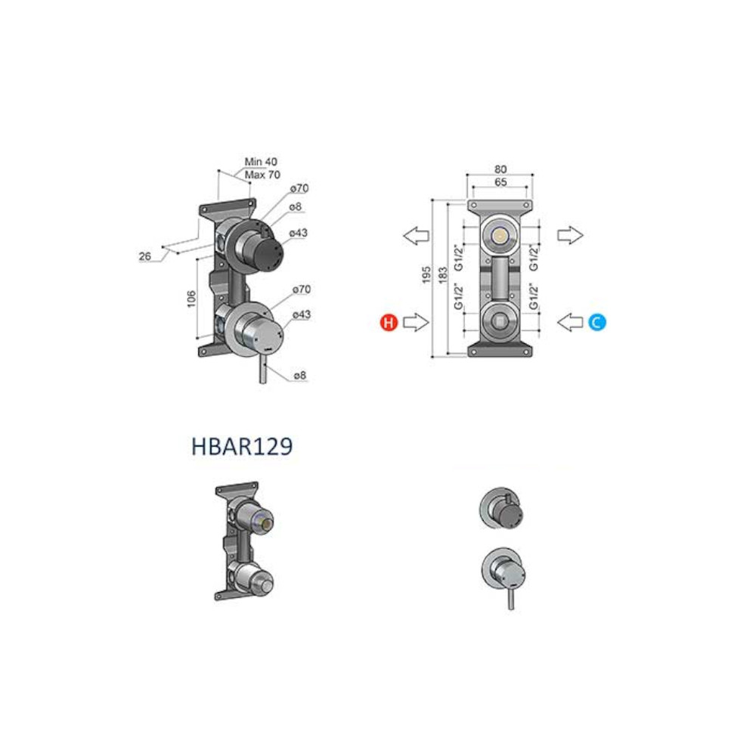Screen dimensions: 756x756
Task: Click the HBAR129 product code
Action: (242, 446)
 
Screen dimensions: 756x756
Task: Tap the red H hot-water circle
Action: (389, 322)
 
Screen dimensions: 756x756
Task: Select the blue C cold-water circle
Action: (597, 322)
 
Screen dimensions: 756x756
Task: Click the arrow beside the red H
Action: (416, 322)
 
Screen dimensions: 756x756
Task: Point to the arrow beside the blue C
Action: (570, 322)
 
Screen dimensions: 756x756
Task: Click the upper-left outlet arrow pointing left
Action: (416, 235)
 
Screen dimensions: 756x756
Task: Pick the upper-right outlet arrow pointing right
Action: (570, 235)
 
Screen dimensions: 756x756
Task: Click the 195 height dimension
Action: (426, 274)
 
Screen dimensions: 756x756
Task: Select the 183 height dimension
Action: (442, 274)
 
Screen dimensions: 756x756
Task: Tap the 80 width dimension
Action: (500, 169)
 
